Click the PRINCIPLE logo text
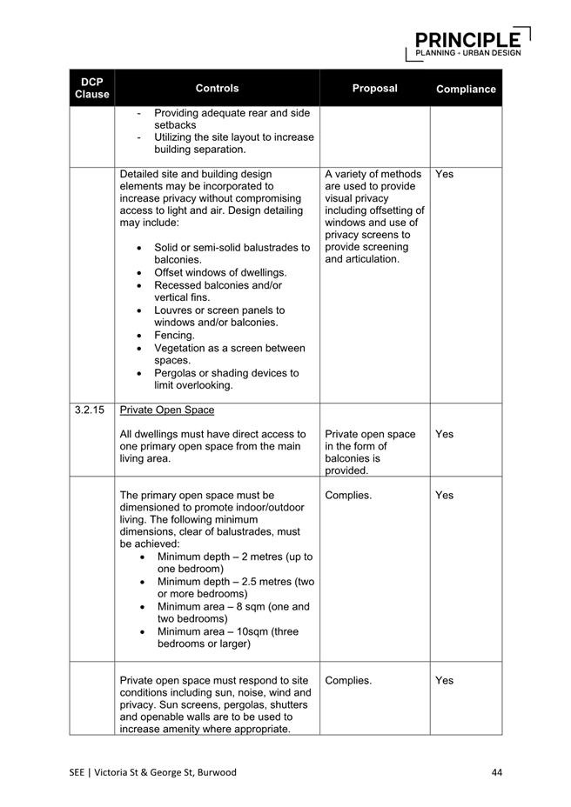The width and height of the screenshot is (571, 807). (467, 39)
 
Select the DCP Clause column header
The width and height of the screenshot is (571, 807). (91, 88)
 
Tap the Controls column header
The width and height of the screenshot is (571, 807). (217, 88)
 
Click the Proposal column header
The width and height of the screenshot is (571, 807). (374, 88)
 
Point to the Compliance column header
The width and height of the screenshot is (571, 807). (466, 89)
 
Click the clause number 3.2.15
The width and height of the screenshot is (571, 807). (89, 409)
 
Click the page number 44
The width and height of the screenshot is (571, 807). (497, 772)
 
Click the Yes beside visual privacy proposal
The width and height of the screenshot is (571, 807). (444, 174)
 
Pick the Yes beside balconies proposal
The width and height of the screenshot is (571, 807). (444, 434)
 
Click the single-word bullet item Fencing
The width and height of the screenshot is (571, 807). (174, 335)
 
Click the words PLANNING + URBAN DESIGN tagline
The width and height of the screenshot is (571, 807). (468, 52)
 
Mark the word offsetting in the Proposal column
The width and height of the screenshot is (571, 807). (392, 210)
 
